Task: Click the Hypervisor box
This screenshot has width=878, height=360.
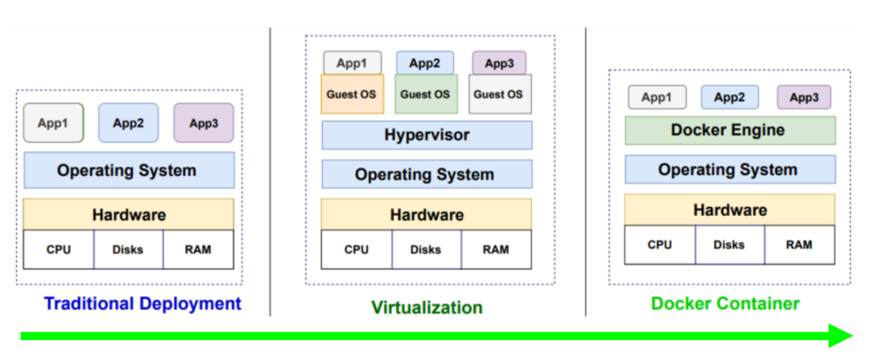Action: click(427, 135)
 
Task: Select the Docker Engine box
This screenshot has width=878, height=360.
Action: click(730, 130)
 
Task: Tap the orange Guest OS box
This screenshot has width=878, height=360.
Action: click(352, 94)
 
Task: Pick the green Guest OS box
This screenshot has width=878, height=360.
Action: click(426, 94)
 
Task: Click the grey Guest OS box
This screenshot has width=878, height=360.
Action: click(499, 94)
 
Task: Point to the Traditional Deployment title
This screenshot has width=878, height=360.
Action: click(143, 303)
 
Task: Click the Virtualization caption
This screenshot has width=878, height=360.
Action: click(427, 307)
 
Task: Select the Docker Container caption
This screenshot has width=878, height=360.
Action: click(726, 303)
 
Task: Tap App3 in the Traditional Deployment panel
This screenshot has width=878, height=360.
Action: click(204, 123)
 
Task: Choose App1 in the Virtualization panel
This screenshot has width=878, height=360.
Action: click(352, 63)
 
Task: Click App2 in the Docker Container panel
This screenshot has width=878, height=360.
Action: click(730, 98)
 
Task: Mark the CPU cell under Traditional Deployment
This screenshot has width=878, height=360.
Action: click(58, 249)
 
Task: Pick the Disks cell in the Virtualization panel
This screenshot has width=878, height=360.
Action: click(426, 249)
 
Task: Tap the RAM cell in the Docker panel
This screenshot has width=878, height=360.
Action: click(800, 245)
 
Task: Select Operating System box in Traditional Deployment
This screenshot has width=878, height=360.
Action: click(129, 170)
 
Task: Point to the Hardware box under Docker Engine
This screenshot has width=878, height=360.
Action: click(730, 210)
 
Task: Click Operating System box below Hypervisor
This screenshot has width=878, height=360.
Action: click(427, 174)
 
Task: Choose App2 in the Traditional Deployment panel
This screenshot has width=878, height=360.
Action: click(129, 123)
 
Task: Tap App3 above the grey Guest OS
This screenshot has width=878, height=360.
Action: click(499, 63)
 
